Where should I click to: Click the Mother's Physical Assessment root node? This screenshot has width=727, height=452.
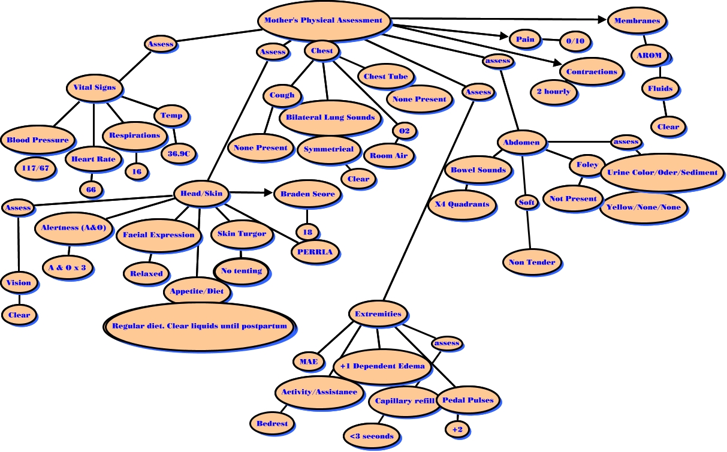tap(323, 20)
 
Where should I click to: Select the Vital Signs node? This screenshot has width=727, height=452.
tap(95, 88)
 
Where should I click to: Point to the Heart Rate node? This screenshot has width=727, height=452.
tap(93, 159)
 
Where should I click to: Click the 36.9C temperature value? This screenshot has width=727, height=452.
tap(179, 153)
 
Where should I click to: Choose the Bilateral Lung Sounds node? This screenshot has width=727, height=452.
tap(330, 117)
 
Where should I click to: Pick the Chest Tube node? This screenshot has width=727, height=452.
tap(386, 77)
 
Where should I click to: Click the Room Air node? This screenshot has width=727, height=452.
tap(389, 156)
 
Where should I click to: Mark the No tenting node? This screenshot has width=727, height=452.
tap(242, 271)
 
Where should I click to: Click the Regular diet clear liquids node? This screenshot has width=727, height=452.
tap(200, 327)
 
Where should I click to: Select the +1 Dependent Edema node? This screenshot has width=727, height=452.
tap(382, 366)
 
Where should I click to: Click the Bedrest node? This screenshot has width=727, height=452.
tap(272, 423)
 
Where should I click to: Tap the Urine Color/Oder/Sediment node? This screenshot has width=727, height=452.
tap(662, 173)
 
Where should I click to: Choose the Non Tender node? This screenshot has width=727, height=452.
tap(532, 263)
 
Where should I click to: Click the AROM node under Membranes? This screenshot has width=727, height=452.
tap(649, 55)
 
